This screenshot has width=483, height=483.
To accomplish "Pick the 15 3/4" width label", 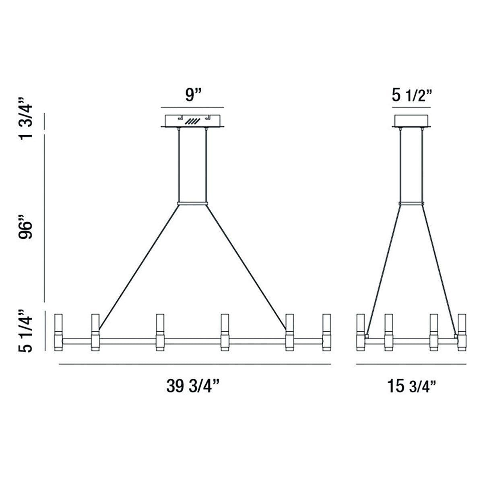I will coord(411,386).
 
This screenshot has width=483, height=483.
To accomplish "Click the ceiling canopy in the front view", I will coord(192,121).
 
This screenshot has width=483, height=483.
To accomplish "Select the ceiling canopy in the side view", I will coord(411,121).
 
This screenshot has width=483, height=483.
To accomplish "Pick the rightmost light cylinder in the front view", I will coord(326,331).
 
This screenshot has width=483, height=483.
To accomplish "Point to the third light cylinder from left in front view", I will coord(160,331).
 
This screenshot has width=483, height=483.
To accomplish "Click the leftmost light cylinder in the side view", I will coord(361,331).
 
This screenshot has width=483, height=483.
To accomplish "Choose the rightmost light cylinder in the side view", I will coord(462,331).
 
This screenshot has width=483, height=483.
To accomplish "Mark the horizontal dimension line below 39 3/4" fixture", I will coord(195,364).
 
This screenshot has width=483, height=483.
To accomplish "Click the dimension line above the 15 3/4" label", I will coord(411,364).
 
